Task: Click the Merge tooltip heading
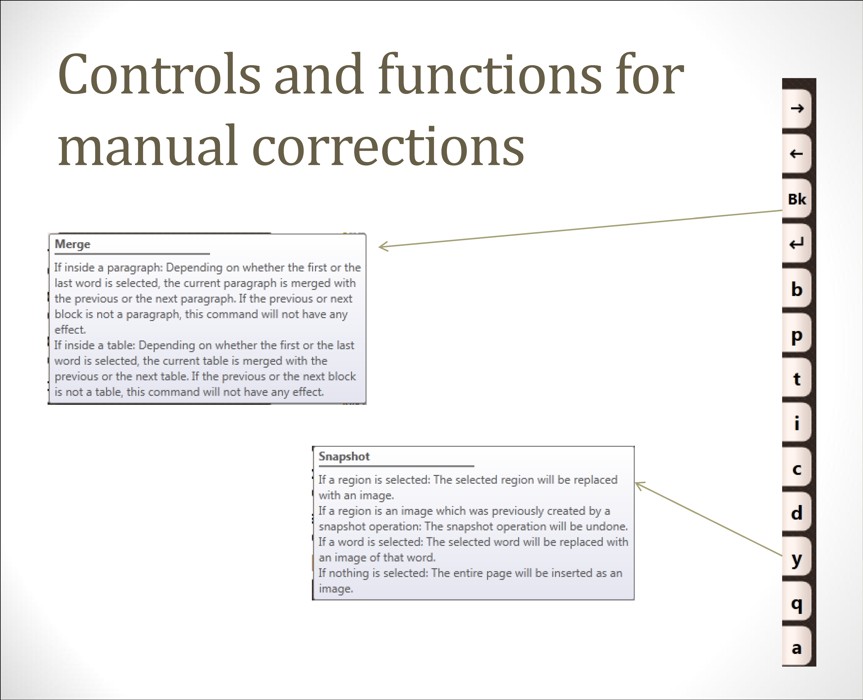click(73, 244)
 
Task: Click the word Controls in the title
click(160, 75)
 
